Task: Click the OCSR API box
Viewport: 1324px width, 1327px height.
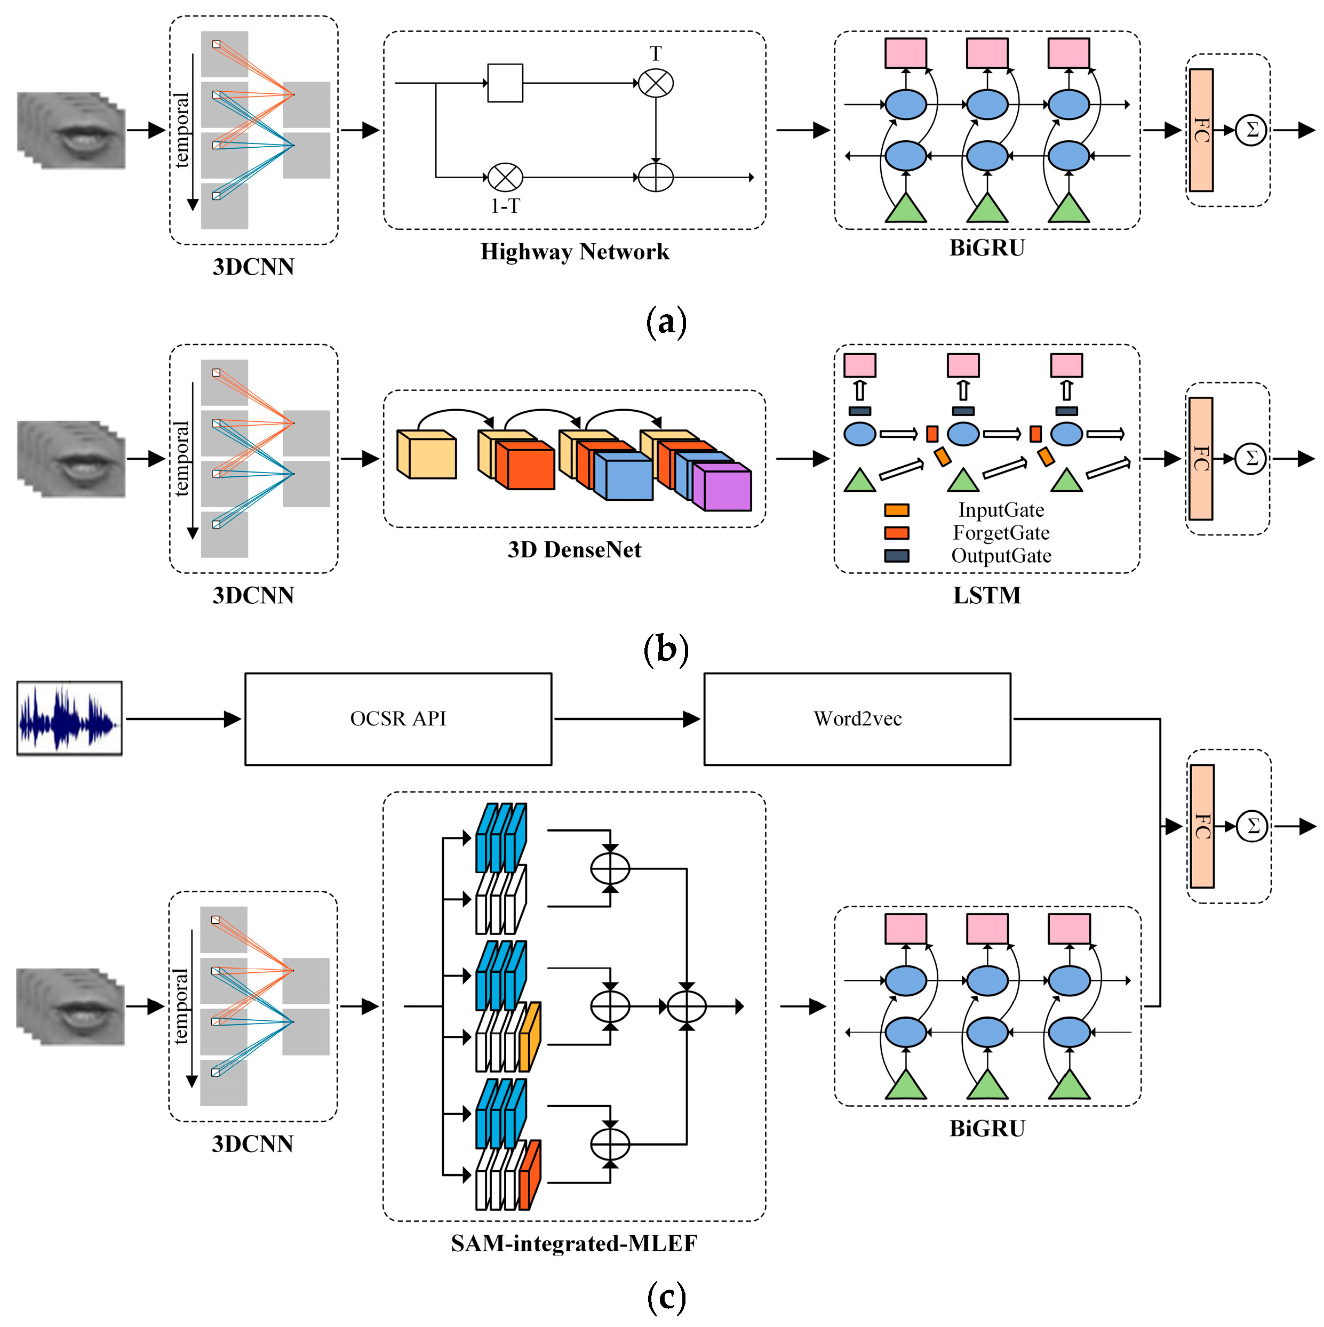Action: (398, 718)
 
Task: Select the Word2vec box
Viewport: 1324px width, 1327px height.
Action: (857, 718)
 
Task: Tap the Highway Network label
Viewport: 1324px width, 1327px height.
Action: (575, 251)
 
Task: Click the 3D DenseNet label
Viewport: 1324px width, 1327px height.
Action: (575, 549)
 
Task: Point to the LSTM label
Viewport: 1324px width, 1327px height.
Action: (987, 595)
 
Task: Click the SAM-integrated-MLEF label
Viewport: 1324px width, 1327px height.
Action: (575, 1243)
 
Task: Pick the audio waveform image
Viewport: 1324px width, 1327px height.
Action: (69, 718)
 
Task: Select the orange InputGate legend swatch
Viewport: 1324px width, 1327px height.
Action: (897, 510)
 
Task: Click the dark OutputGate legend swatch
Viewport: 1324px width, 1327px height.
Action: (897, 556)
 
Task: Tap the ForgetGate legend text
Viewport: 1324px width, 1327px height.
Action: (1001, 533)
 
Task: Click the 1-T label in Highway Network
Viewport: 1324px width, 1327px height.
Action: (505, 206)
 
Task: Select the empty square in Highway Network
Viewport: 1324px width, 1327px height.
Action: (505, 83)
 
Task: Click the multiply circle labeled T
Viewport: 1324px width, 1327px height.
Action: (656, 83)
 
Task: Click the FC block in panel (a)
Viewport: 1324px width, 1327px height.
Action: (1201, 130)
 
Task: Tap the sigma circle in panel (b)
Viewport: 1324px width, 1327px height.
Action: (1251, 458)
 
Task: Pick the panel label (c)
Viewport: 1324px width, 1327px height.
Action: (666, 1297)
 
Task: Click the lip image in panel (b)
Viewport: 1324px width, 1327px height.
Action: (71, 459)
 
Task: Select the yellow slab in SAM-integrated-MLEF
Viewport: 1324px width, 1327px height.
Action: (529, 1037)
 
